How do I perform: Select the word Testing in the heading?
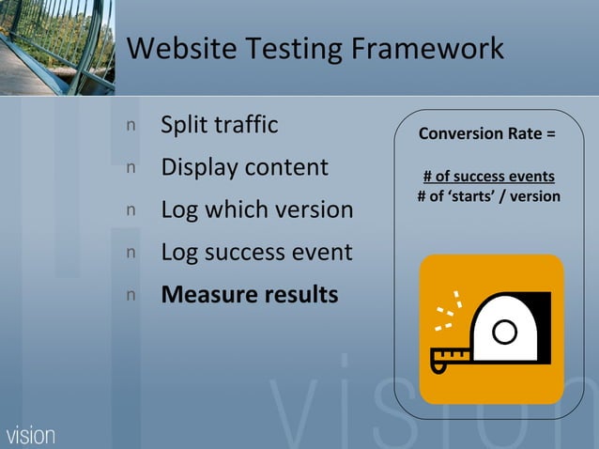point(291,49)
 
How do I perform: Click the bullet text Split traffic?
point(219,125)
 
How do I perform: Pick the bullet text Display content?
point(244,168)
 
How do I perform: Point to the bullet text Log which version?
point(256,209)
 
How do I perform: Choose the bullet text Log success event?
point(256,252)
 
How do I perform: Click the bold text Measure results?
point(249,294)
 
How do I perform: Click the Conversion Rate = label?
point(486,133)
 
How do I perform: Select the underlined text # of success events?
point(488,177)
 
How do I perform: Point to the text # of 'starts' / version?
point(488,195)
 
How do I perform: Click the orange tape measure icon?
point(491,329)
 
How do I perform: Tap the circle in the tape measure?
point(504,332)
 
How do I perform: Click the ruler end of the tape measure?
point(448,357)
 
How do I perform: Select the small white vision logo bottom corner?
point(31,435)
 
